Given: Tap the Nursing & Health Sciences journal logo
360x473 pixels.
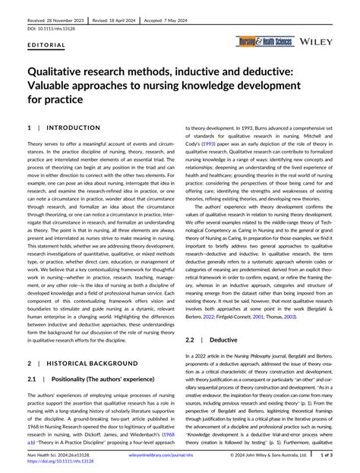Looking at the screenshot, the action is tap(264, 41).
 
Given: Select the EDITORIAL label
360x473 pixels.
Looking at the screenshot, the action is tap(46, 45).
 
